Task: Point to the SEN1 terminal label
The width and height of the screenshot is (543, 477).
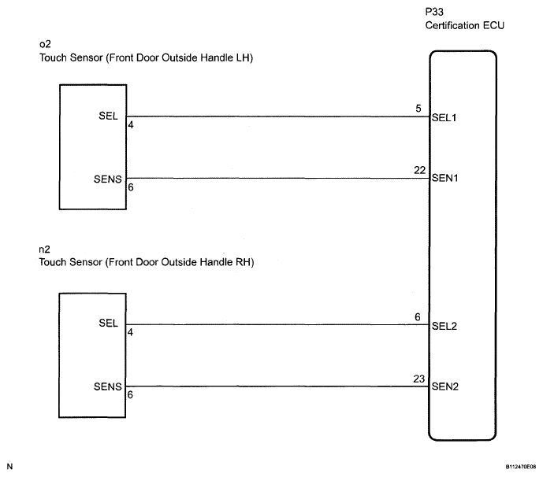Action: (x=445, y=178)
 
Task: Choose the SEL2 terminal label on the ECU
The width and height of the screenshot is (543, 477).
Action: (x=445, y=326)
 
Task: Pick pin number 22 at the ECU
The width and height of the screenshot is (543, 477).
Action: (x=420, y=169)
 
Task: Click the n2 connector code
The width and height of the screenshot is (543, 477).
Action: (x=44, y=249)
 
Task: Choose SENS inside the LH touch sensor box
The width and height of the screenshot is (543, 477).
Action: (x=106, y=179)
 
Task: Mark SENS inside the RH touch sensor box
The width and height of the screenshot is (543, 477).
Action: (x=106, y=387)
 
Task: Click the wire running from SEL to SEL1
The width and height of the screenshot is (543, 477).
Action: (x=276, y=116)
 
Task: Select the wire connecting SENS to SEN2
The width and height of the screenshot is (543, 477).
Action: (x=276, y=386)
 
